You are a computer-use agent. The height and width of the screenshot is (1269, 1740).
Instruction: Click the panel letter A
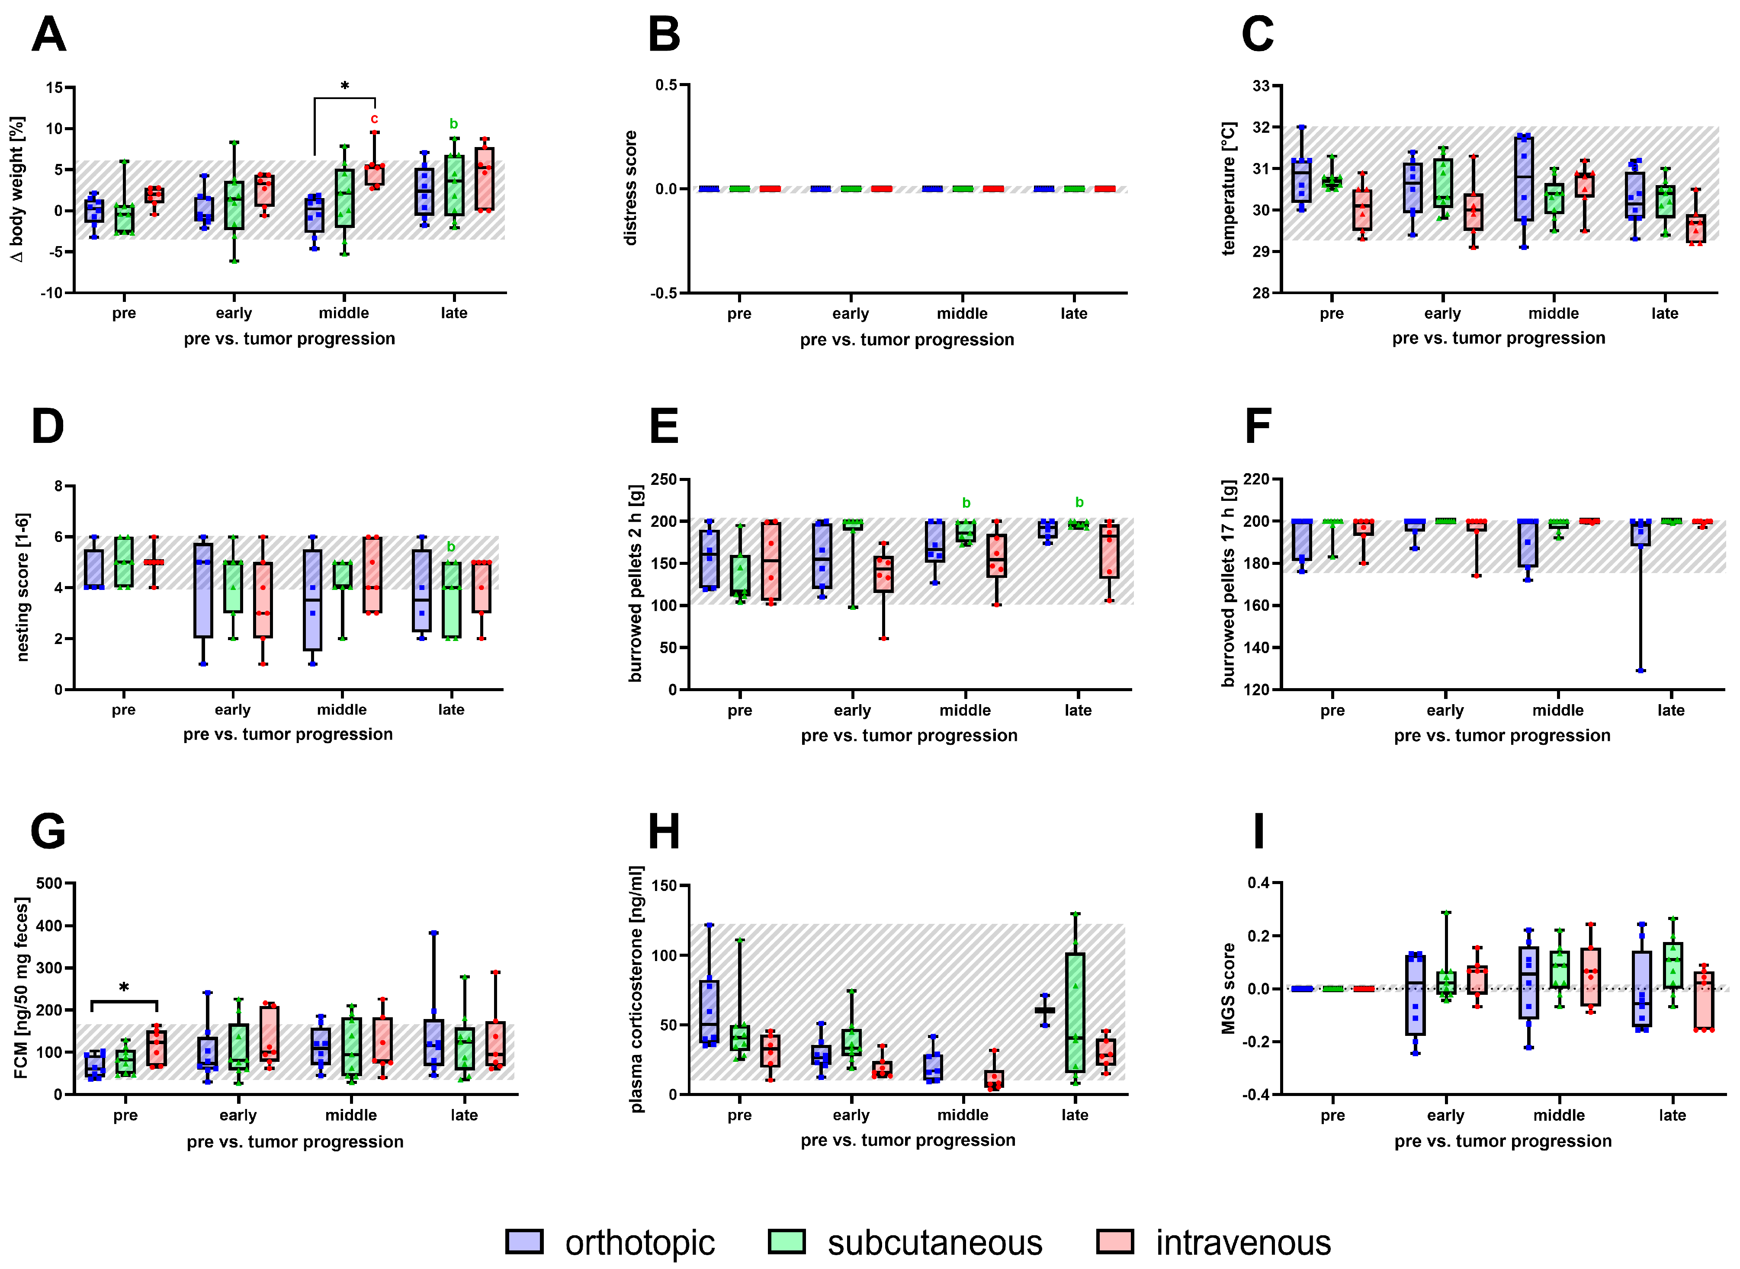pyautogui.click(x=48, y=35)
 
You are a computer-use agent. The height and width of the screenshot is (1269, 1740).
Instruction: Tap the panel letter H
pyautogui.click(x=664, y=832)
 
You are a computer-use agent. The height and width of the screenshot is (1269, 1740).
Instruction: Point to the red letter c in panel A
pyautogui.click(x=374, y=119)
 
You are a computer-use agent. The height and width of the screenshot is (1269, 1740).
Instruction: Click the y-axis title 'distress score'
pyautogui.click(x=631, y=188)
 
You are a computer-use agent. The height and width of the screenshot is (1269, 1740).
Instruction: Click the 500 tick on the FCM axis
pyautogui.click(x=49, y=883)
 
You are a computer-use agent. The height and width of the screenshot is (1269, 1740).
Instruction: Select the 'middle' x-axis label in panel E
pyautogui.click(x=965, y=711)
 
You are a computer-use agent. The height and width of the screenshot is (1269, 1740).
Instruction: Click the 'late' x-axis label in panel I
pyautogui.click(x=1672, y=1115)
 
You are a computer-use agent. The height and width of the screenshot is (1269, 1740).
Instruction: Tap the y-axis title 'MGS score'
pyautogui.click(x=1228, y=989)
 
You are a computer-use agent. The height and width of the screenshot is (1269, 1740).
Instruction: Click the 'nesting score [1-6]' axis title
pyautogui.click(x=22, y=588)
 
